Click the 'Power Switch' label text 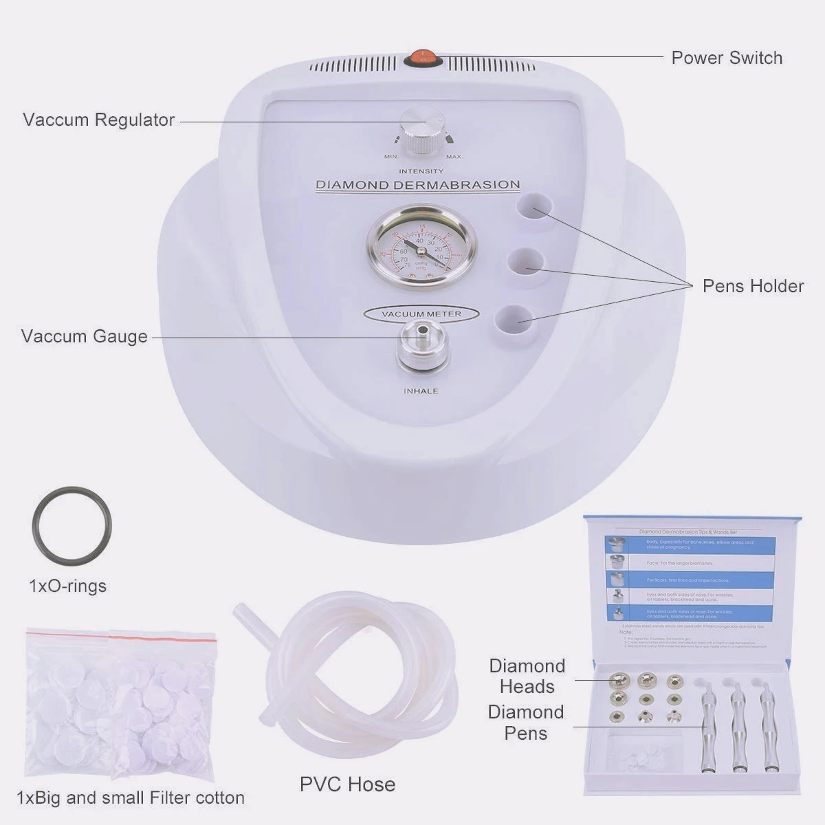click(727, 58)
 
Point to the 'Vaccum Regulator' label click(98, 120)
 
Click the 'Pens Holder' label click(753, 286)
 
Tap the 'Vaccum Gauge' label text click(84, 336)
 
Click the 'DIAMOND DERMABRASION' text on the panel click(417, 185)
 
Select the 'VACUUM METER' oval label click(421, 313)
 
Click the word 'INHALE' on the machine click(421, 391)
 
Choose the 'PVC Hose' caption click(347, 784)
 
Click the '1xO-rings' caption click(67, 586)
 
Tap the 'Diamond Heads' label click(527, 676)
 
